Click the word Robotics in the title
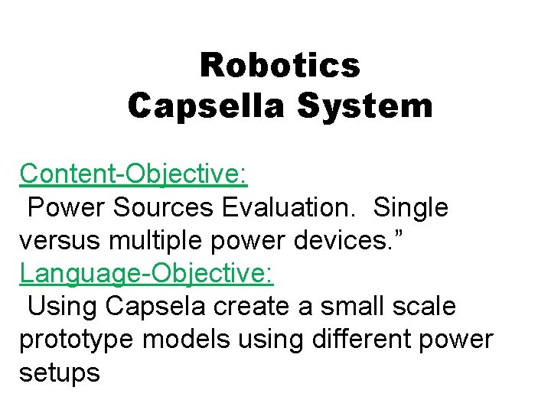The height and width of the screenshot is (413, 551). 279,66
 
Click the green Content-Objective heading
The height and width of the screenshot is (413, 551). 133,174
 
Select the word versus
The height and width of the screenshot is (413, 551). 62,240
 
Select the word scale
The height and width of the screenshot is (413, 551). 425,307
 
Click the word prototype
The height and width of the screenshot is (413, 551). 76,340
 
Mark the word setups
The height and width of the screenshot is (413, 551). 60,372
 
